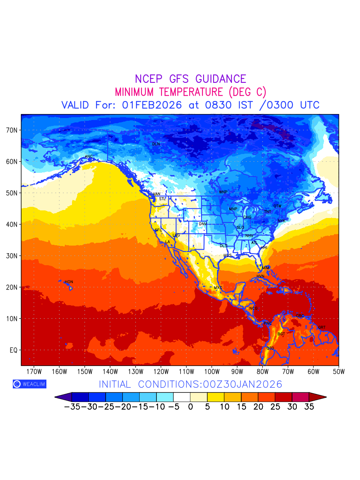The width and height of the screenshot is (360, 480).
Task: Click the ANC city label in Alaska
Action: click(89, 156)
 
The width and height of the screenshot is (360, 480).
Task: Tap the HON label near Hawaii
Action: click(69, 282)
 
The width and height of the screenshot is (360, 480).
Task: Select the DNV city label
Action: click(203, 224)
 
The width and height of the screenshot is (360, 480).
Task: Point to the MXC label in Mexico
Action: click(218, 288)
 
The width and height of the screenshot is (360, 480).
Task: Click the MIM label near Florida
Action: click(266, 268)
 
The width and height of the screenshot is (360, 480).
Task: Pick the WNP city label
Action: click(223, 192)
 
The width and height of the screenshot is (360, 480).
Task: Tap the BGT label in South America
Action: click(281, 334)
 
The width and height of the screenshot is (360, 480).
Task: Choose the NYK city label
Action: click(282, 221)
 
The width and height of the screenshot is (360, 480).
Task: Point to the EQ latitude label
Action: click(13, 350)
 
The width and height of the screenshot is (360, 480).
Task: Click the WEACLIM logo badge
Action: click(29, 384)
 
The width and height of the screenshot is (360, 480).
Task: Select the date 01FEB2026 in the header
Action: click(152, 105)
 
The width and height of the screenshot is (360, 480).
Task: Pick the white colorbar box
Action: click(182, 397)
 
